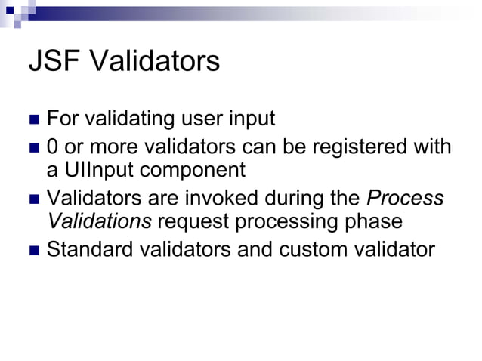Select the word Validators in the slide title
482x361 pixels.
pyautogui.click(x=154, y=62)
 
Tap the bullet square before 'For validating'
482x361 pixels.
pyautogui.click(x=33, y=120)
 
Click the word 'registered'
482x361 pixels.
pyautogui.click(x=351, y=146)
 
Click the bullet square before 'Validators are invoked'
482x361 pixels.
pyautogui.click(x=33, y=199)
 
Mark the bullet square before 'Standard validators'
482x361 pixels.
pyautogui.click(x=33, y=250)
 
